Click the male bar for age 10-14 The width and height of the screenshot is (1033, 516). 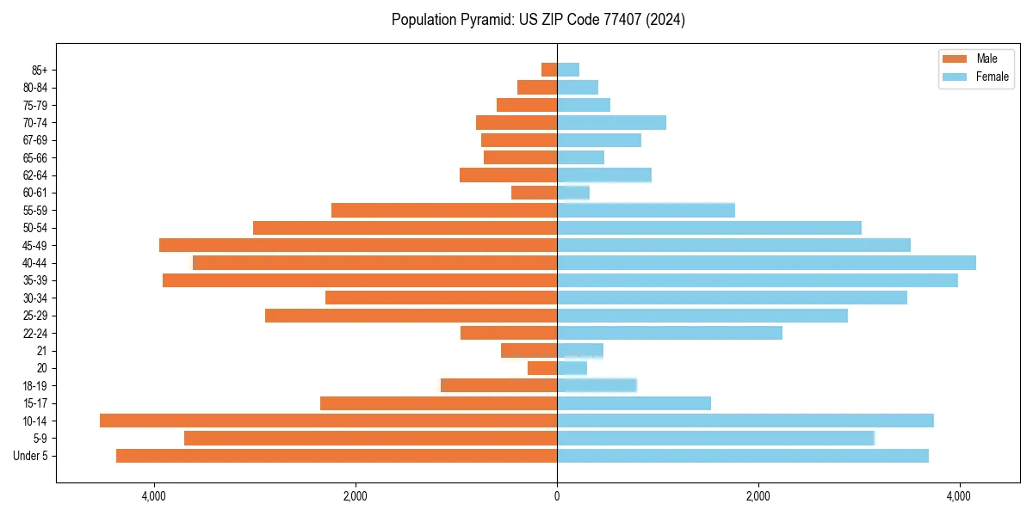(328, 421)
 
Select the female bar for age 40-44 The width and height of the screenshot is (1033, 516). (766, 262)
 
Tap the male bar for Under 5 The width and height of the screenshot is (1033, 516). (337, 456)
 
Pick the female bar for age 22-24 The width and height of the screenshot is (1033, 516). (670, 333)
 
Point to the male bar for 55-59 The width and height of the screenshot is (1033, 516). (444, 210)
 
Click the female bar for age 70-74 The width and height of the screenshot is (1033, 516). (611, 122)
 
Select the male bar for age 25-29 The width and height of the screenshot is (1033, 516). (411, 316)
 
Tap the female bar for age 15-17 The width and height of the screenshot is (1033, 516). (634, 403)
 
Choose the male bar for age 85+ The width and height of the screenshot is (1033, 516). (549, 70)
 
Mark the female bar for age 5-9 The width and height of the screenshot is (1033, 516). (715, 439)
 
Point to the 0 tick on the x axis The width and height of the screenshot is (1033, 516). (557, 497)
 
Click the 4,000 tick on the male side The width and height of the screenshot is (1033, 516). (154, 497)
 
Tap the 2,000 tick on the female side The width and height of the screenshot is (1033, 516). (758, 497)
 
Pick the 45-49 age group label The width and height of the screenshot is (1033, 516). (35, 245)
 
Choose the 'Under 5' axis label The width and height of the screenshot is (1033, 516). (31, 456)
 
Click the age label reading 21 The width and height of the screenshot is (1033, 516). (42, 351)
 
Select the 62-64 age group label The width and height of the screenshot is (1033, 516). (35, 175)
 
